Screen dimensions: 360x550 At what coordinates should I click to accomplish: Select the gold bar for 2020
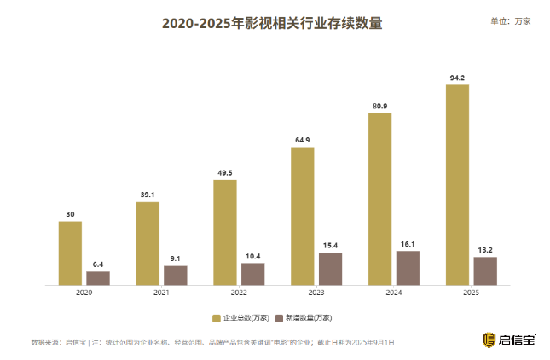coord(70,253)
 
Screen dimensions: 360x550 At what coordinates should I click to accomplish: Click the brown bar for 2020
coord(98,277)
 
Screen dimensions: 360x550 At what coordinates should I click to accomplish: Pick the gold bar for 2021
coord(148,243)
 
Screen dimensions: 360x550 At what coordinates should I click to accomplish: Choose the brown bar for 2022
coord(252,273)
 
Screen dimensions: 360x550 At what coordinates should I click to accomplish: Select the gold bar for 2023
coord(302,215)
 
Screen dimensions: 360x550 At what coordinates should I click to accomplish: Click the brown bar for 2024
coord(408,267)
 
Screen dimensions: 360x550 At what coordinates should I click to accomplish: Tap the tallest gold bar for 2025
coord(457,184)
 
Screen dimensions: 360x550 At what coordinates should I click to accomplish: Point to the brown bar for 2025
coord(485,270)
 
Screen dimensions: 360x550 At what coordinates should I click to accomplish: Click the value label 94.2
coord(457,78)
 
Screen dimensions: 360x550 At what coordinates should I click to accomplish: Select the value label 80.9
coord(379,106)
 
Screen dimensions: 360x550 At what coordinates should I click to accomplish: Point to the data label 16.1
coord(408,243)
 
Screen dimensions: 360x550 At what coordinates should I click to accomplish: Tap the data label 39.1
coord(148,195)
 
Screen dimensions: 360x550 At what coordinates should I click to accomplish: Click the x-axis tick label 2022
coord(239,293)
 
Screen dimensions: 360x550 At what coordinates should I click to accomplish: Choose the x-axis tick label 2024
coord(394,293)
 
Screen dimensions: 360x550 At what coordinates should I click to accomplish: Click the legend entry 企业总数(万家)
coord(241,317)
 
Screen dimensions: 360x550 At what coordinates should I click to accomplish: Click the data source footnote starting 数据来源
coord(213,342)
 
